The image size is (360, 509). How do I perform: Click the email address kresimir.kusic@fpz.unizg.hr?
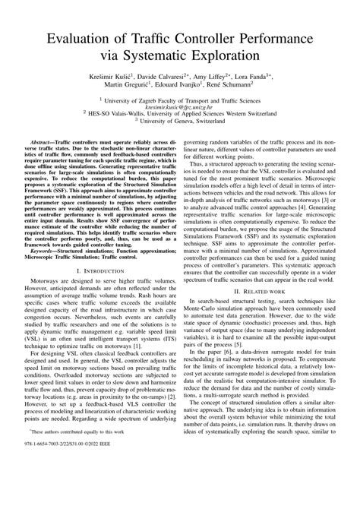tap(179, 107)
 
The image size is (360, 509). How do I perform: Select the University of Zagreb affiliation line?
tap(180, 100)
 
